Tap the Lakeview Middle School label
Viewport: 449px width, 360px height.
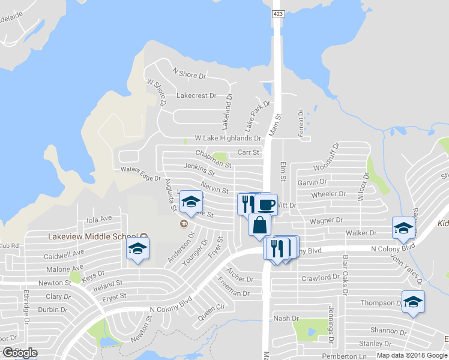pos(93,236)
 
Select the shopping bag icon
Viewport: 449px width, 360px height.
pos(259,225)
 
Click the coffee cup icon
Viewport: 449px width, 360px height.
pos(267,204)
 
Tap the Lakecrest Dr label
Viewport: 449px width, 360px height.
pos(196,95)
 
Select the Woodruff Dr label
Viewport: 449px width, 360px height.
pos(334,155)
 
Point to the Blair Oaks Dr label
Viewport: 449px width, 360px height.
pos(345,275)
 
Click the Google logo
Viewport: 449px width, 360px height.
pos(19,353)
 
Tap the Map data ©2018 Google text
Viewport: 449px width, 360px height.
pos(411,355)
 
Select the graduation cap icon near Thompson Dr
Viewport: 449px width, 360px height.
pos(413,302)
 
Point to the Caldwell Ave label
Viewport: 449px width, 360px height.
pos(64,255)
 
